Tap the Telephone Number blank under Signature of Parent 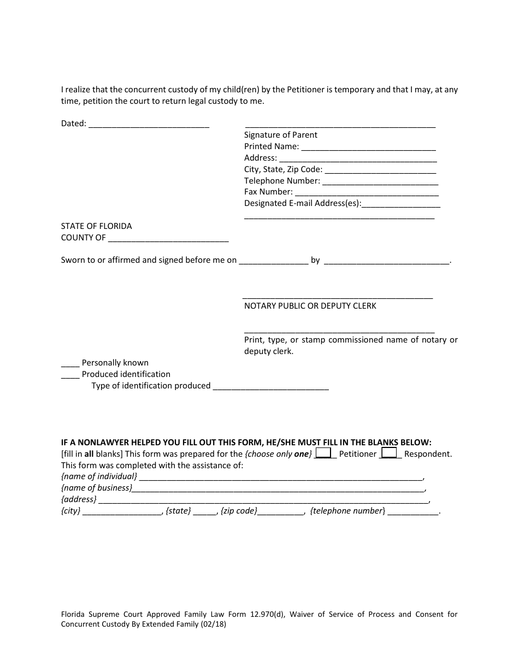pyautogui.click(x=380, y=181)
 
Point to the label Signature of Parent pyautogui.click(x=280, y=135)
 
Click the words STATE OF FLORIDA pyautogui.click(x=96, y=226)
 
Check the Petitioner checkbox pyautogui.click(x=323, y=452)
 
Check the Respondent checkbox pyautogui.click(x=389, y=452)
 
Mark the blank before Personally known pyautogui.click(x=70, y=363)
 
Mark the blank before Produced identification pyautogui.click(x=70, y=375)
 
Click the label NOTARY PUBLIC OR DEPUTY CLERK pyautogui.click(x=310, y=306)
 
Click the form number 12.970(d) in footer pyautogui.click(x=265, y=615)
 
